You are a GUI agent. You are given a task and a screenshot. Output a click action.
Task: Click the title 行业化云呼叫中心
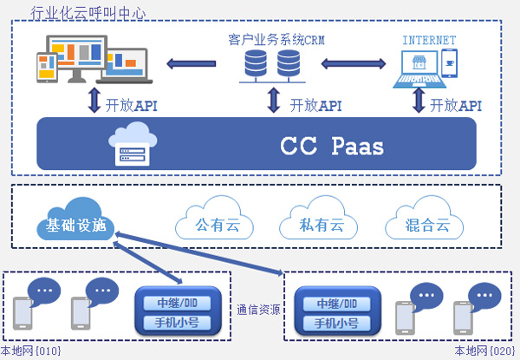click(88, 13)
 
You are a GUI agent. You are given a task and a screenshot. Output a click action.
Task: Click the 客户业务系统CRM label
click(276, 39)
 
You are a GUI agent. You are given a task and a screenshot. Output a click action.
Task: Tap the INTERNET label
click(429, 40)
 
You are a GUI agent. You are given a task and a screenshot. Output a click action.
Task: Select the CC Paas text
click(331, 145)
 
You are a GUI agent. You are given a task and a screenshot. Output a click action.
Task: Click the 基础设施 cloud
click(75, 225)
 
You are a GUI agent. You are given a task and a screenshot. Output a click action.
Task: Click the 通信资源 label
click(257, 308)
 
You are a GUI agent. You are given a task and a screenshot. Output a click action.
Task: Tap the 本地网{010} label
click(30, 350)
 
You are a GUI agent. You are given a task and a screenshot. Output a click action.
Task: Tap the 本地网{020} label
click(484, 350)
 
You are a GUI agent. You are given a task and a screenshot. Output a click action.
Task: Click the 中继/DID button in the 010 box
click(179, 304)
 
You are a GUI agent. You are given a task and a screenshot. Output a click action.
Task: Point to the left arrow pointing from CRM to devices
click(192, 62)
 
